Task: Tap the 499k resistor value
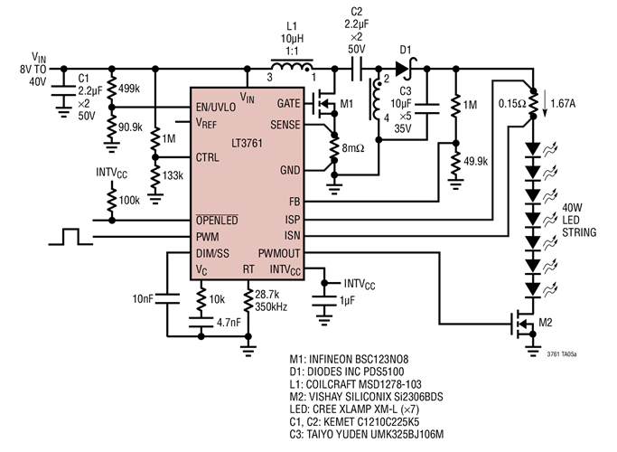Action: point(130,88)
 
